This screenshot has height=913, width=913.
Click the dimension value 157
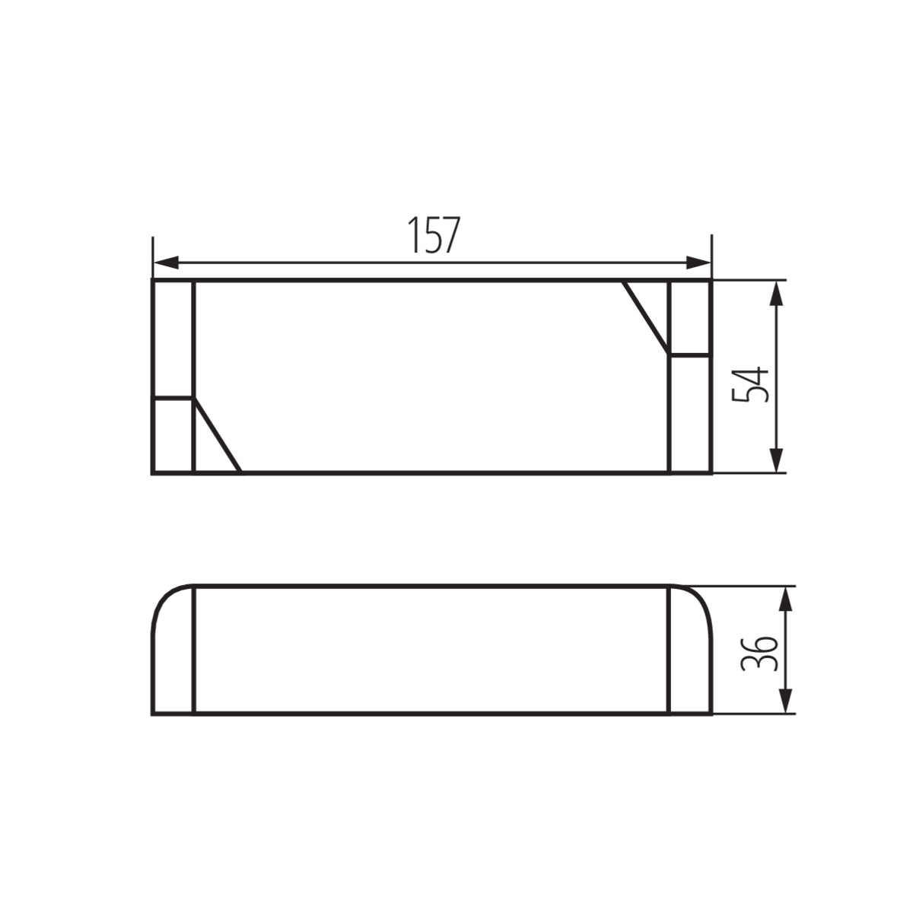click(434, 235)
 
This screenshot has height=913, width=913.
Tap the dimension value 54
click(749, 383)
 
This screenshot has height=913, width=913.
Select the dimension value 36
click(759, 653)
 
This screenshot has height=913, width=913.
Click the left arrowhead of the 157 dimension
click(166, 262)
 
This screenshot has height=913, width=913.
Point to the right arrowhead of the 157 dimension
click(698, 262)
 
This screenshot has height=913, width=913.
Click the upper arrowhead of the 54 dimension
click(775, 293)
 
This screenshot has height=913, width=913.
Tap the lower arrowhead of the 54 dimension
click(775, 460)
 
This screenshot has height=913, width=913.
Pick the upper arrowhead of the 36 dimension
click(785, 599)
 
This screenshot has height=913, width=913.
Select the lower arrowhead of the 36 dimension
click(785, 701)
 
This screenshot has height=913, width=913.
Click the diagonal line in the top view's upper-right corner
click(646, 317)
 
